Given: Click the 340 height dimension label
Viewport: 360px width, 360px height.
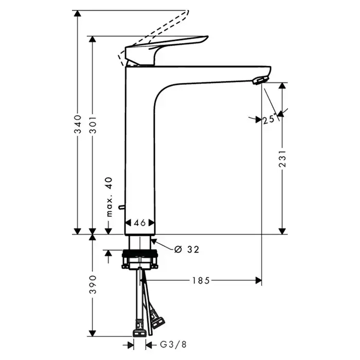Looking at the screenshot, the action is [x=78, y=124].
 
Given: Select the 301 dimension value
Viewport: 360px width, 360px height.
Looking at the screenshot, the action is [x=93, y=125].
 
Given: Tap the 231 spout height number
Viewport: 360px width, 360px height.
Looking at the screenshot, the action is [x=283, y=158].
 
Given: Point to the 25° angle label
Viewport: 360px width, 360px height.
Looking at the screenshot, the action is [x=269, y=119].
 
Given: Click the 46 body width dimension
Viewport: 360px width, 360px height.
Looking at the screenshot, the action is [x=140, y=223].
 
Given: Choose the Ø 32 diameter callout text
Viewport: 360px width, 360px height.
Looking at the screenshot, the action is [x=186, y=249].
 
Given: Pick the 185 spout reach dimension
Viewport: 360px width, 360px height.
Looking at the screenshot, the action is [x=201, y=280].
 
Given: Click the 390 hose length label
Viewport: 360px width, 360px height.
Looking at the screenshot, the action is [x=93, y=284].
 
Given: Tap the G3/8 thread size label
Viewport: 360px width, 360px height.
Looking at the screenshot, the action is [x=173, y=345].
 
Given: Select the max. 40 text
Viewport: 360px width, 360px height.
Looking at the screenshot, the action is [x=110, y=197].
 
